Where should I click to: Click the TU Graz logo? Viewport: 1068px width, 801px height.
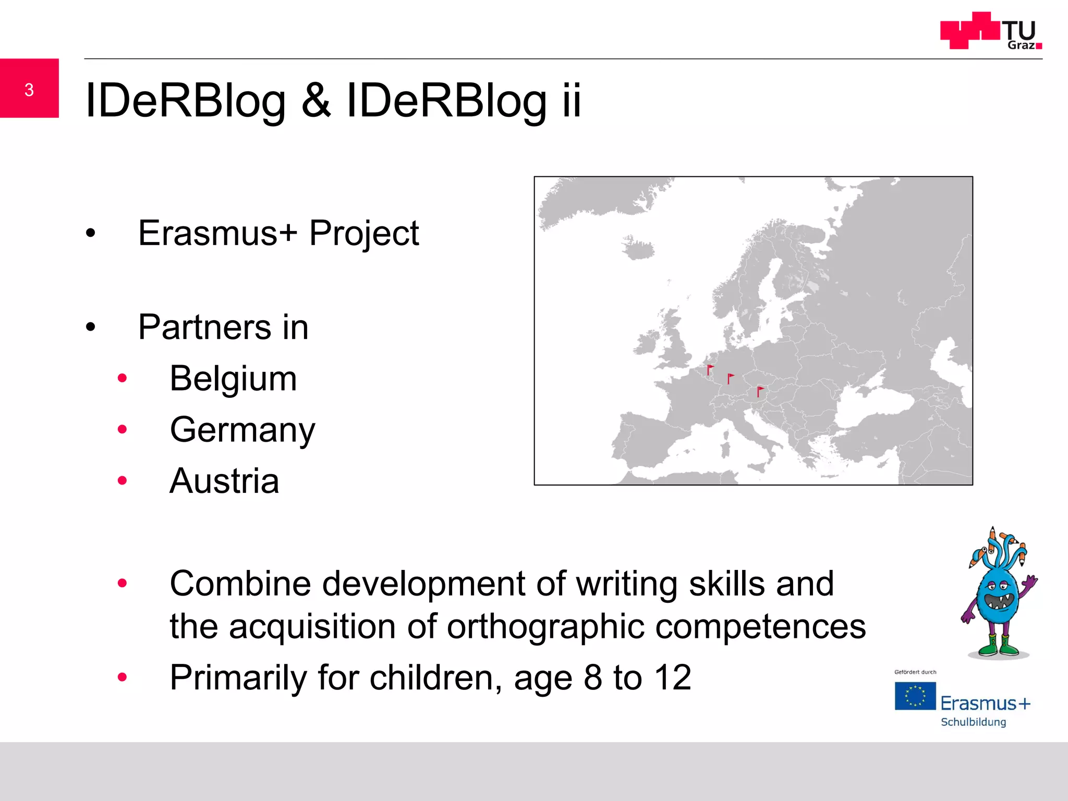(x=991, y=31)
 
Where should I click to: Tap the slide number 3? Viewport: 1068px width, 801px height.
(x=29, y=90)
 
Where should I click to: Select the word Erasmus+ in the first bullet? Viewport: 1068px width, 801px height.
(x=217, y=233)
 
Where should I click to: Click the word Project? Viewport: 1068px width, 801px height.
(x=364, y=233)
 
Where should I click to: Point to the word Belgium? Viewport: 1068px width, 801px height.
(x=233, y=379)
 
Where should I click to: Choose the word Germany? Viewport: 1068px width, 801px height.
(x=242, y=430)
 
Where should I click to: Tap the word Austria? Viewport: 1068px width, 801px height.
(x=224, y=481)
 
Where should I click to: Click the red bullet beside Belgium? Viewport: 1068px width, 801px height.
(x=123, y=378)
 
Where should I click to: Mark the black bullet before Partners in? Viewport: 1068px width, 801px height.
(x=91, y=327)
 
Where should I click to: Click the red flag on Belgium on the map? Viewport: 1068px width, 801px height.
(x=709, y=369)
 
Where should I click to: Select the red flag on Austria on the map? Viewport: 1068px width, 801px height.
(x=760, y=391)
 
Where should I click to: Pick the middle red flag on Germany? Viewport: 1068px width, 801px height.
(x=730, y=378)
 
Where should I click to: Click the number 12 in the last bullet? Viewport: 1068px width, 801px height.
(x=673, y=678)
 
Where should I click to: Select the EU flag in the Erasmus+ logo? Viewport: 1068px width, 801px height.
(x=915, y=696)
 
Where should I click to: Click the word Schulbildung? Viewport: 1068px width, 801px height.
(x=973, y=722)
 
